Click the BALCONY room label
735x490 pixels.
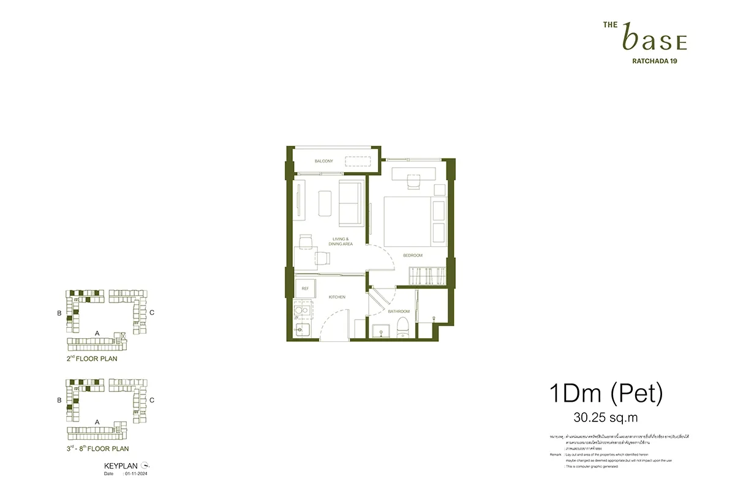click(x=323, y=161)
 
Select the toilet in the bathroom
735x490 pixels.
click(x=403, y=324)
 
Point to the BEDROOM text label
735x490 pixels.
click(x=412, y=255)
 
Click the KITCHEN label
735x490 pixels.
click(x=337, y=297)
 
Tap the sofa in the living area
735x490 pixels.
click(x=350, y=203)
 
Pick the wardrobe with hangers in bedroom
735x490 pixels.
click(x=425, y=276)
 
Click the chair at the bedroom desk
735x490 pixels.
click(x=413, y=181)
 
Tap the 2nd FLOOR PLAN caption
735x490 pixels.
click(x=92, y=359)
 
